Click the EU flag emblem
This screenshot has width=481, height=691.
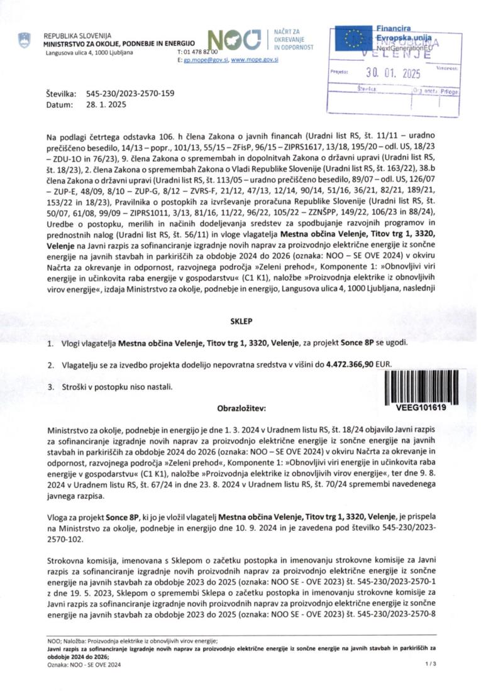tap(355, 39)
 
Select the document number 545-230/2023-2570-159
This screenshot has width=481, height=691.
tap(130, 94)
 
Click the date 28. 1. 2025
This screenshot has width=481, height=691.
tap(106, 105)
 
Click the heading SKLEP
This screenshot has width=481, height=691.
tap(241, 321)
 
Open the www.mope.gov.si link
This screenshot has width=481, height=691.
tap(255, 60)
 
